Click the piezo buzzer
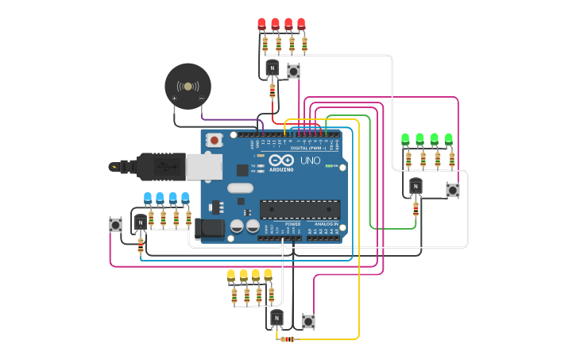point(187,87)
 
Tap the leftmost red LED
point(261,24)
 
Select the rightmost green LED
point(449,139)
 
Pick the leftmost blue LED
point(147,197)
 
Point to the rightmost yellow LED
point(268,275)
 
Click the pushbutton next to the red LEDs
point(293,72)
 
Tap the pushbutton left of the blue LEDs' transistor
point(116,225)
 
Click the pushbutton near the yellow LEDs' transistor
point(308,321)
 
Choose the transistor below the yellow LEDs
point(276,318)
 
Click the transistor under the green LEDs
point(416,186)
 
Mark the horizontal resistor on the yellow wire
point(288,339)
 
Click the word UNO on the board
point(310,161)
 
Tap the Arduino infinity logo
point(281,160)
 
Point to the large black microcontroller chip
point(300,209)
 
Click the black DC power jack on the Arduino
point(210,229)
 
